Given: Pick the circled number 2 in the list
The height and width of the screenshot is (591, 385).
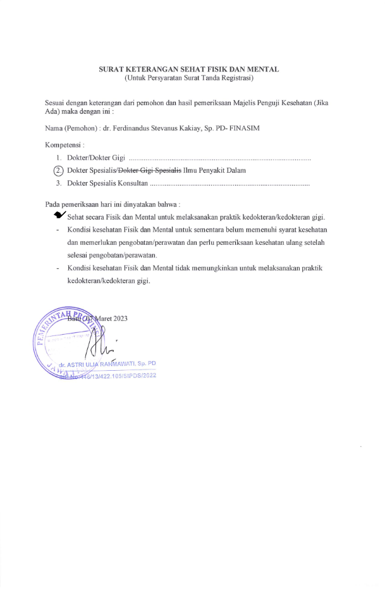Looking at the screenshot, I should [x=59, y=170].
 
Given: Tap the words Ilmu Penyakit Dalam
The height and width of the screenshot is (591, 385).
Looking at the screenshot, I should [x=214, y=170].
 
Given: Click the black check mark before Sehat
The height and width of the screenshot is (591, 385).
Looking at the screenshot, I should [x=61, y=216].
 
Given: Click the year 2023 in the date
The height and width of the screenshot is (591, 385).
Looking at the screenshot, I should [x=119, y=318].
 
